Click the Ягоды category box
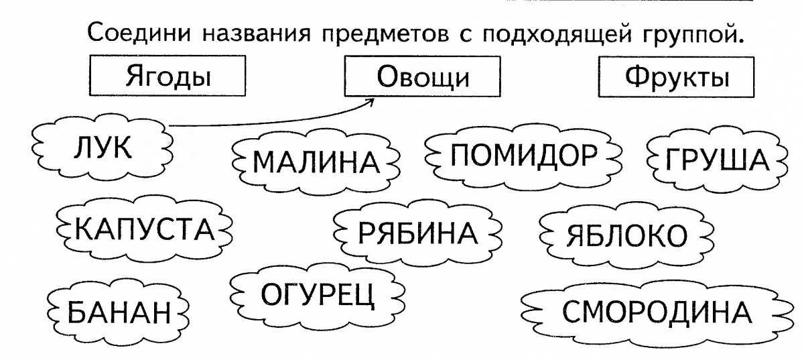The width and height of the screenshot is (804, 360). point(167,76)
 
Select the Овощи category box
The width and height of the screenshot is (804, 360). point(423,76)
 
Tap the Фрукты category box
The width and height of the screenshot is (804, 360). point(676,77)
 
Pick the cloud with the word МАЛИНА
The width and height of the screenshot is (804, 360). point(316,162)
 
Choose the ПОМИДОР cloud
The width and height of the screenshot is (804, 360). point(523,156)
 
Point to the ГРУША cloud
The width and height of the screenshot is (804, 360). point(717,159)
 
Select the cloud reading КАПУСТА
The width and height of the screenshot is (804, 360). point(144,229)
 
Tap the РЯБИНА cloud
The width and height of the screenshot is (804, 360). point(417,233)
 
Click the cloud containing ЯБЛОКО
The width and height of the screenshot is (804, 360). point(626,235)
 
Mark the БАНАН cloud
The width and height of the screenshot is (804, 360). point(119,312)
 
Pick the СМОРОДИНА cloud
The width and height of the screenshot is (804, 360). point(657,312)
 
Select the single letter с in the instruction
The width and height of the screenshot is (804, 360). point(466,36)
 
